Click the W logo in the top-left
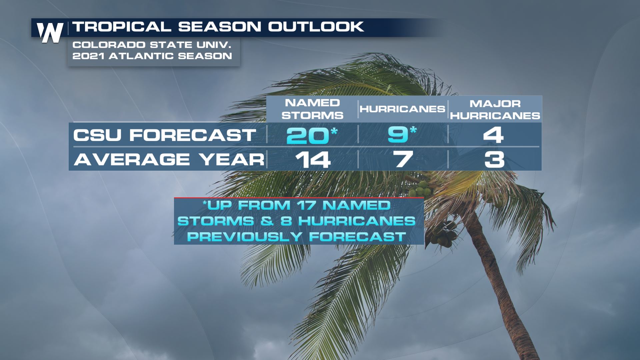(50, 33)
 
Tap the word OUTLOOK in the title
(316, 27)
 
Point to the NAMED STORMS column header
(313, 109)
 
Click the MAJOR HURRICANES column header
(495, 110)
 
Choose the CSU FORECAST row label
(165, 135)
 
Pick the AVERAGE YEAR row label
(169, 159)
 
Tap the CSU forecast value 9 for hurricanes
(398, 135)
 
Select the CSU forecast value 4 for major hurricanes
(493, 135)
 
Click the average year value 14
(313, 160)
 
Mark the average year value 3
(494, 160)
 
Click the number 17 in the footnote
(306, 205)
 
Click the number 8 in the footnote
(286, 221)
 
